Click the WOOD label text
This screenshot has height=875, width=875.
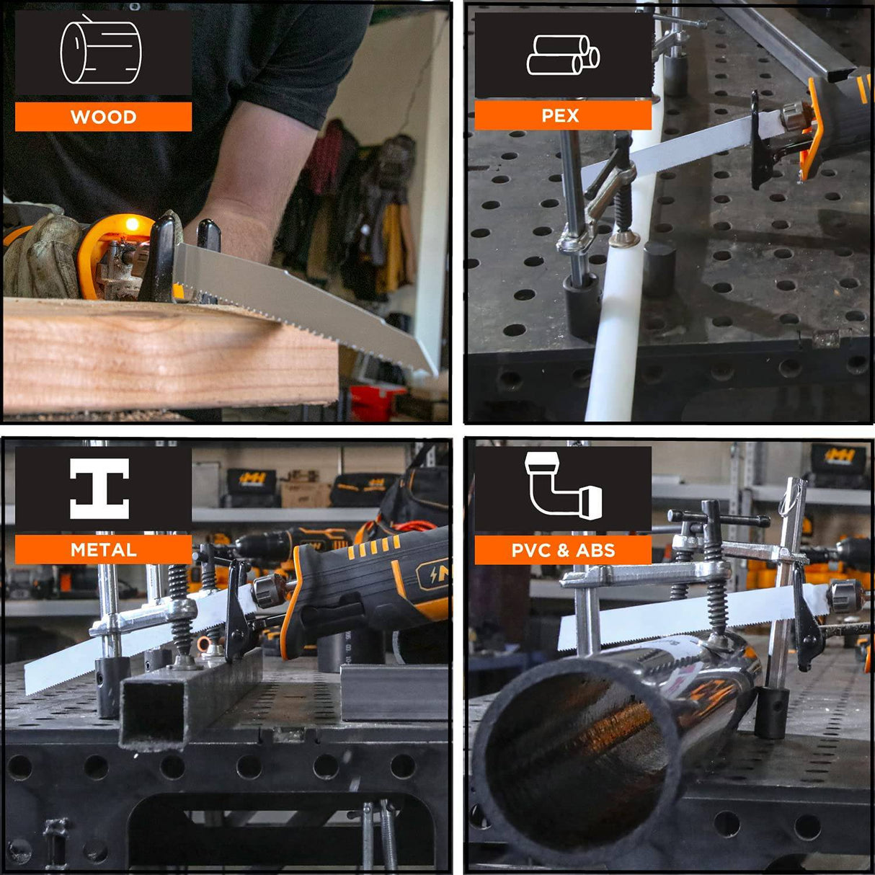(x=104, y=117)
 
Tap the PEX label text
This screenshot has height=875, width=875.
(x=560, y=116)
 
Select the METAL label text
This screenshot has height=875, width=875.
(x=104, y=550)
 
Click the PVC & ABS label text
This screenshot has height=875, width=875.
(x=563, y=551)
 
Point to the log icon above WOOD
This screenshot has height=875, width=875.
(x=101, y=50)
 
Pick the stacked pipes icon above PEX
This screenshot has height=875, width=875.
(x=563, y=55)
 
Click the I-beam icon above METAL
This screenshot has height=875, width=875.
(x=99, y=488)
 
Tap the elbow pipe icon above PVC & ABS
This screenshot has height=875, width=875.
(x=564, y=485)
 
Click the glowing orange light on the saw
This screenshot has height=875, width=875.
(x=132, y=224)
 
